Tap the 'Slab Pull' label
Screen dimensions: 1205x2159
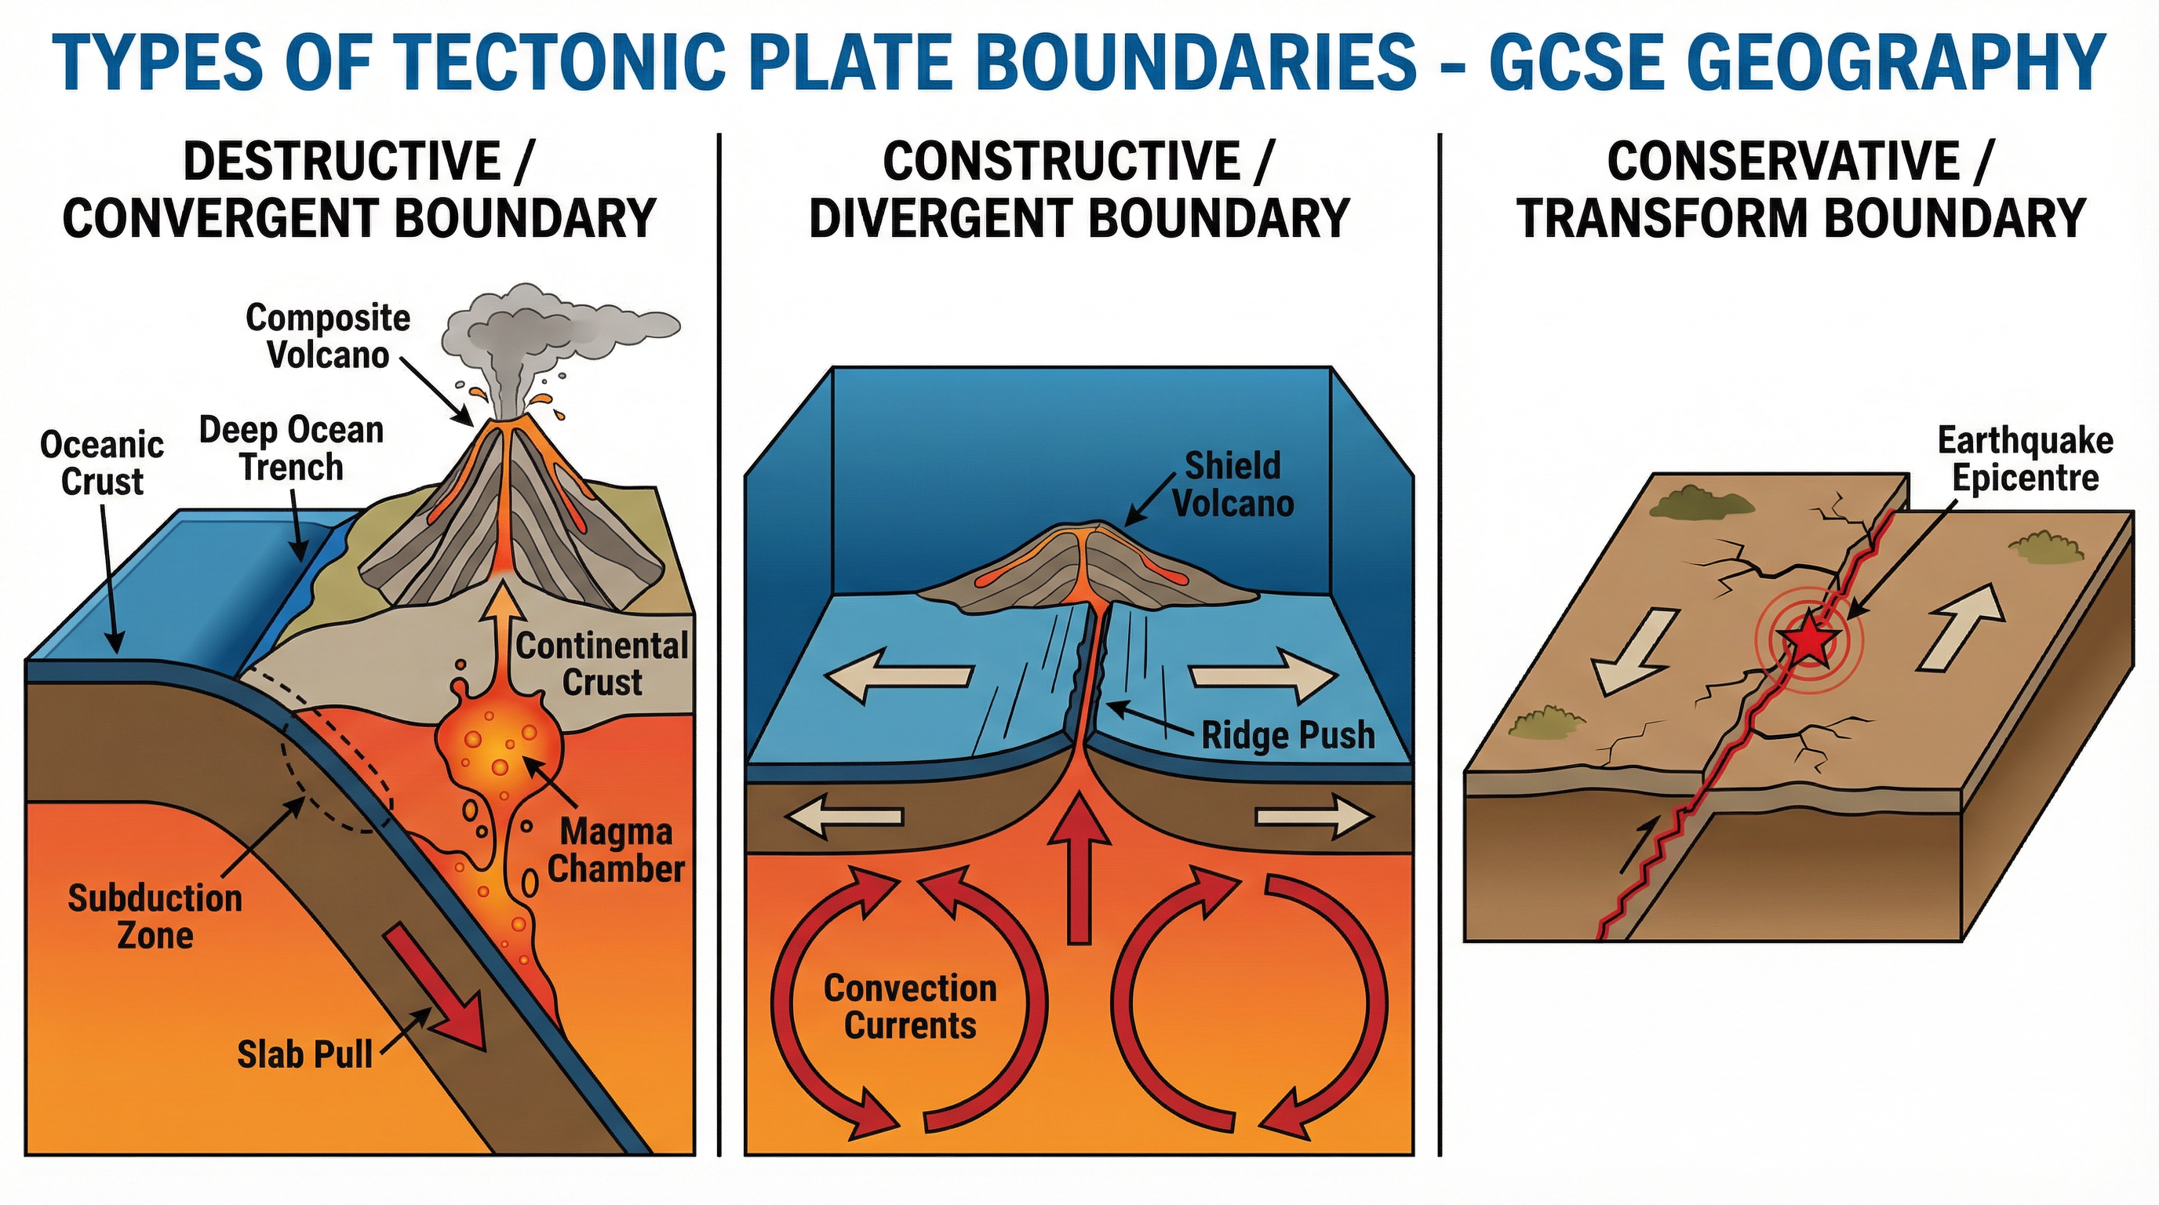pyautogui.click(x=304, y=1054)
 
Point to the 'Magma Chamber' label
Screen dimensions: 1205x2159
pyautogui.click(x=616, y=850)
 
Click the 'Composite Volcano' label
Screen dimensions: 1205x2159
pyautogui.click(x=328, y=336)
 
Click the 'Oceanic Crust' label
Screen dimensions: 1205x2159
pyautogui.click(x=101, y=463)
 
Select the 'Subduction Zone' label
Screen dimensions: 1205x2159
pyautogui.click(x=155, y=916)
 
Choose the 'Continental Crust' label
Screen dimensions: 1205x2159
pyautogui.click(x=602, y=664)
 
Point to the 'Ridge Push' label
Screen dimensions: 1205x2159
pyautogui.click(x=1288, y=736)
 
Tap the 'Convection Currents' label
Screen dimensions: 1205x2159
pyautogui.click(x=910, y=1007)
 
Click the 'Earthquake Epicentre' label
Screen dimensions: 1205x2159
pyautogui.click(x=2025, y=458)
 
